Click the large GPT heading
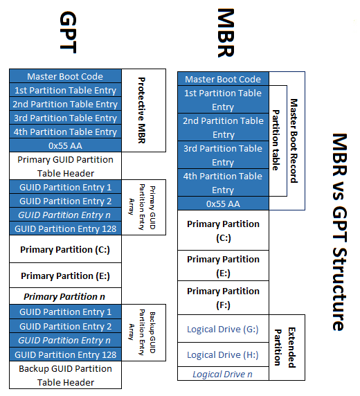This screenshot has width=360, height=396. point(67,33)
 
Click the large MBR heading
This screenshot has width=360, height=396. point(226,33)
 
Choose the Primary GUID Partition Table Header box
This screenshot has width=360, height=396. point(65,166)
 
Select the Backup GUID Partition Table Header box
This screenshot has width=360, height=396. point(65,375)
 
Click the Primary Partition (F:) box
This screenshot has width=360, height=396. point(223,298)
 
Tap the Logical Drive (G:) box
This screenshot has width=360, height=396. point(223,330)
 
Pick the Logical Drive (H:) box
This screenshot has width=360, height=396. point(223,354)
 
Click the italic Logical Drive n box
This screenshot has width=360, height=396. point(223,374)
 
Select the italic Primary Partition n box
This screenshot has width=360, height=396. point(65,296)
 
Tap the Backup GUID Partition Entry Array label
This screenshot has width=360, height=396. point(143,332)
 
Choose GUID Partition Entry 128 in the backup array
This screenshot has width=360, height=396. point(65,354)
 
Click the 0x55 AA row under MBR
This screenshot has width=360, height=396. point(223,204)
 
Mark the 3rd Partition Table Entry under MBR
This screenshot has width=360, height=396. point(223,155)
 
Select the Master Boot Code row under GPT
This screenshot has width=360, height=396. point(65,76)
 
